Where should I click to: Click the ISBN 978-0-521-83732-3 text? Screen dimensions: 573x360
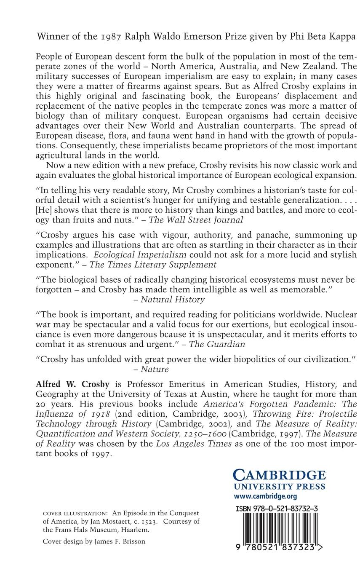click(277, 509)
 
